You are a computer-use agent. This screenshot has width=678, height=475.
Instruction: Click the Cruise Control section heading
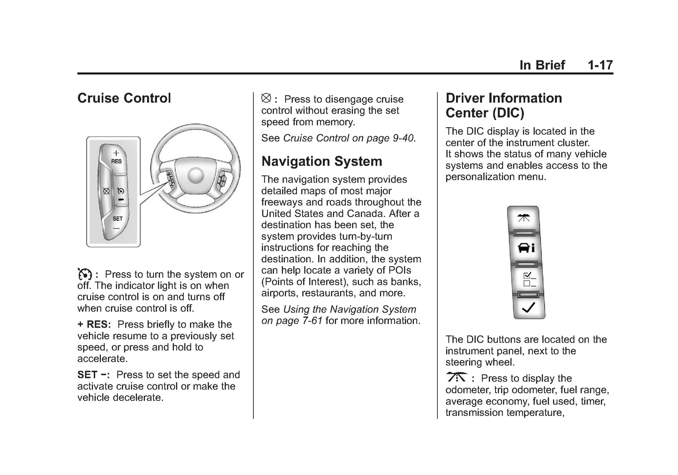click(124, 98)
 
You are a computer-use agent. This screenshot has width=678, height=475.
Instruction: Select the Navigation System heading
click(321, 161)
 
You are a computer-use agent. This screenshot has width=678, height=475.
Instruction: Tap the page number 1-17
click(600, 65)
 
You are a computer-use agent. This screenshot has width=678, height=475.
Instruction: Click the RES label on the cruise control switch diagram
click(116, 161)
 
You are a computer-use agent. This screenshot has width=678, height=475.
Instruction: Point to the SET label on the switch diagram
click(117, 219)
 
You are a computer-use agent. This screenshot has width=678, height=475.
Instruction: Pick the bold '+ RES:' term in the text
click(94, 324)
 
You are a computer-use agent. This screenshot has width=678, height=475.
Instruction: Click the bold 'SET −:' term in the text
click(93, 375)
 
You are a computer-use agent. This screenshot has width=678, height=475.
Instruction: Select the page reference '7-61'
click(311, 321)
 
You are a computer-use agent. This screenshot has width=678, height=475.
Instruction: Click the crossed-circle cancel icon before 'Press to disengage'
click(266, 98)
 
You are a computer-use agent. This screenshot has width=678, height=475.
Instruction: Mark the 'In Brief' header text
click(542, 65)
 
